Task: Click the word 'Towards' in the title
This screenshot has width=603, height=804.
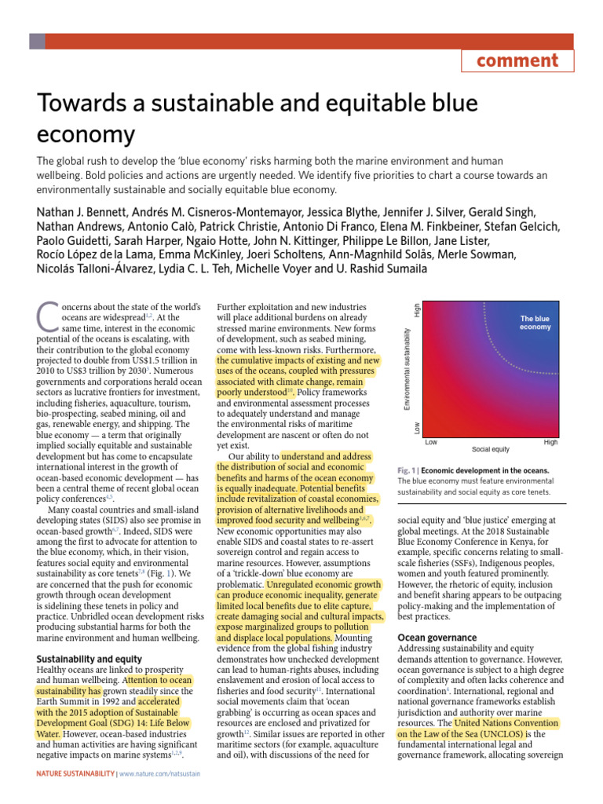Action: point(75,103)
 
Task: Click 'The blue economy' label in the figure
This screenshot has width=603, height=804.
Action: point(535,323)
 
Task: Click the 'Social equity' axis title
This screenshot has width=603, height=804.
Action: point(491,449)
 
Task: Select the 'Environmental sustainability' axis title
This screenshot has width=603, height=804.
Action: point(407,357)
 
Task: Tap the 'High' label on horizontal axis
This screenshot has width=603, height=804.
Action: point(550,443)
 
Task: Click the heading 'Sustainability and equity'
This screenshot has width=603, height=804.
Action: point(90,658)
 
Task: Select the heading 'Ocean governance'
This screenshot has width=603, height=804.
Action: point(437,637)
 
